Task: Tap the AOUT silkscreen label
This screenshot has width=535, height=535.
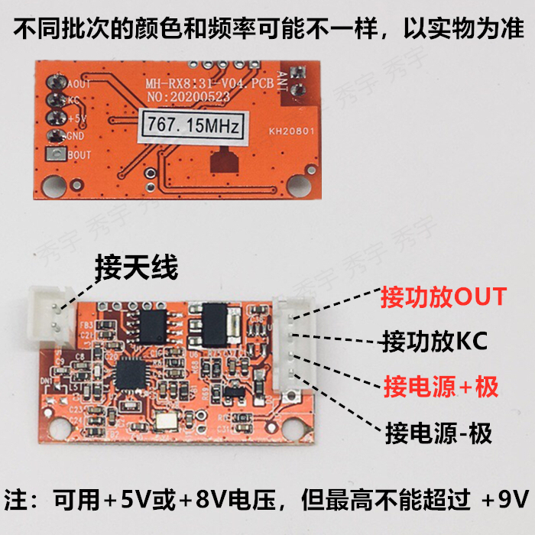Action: (x=79, y=84)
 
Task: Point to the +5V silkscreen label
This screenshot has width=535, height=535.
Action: (x=77, y=119)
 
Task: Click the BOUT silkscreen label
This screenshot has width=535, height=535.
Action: (x=79, y=155)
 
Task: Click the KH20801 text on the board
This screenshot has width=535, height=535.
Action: (x=291, y=131)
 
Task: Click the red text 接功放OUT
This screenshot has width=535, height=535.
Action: (x=443, y=296)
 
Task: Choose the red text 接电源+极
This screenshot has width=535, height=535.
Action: (x=441, y=387)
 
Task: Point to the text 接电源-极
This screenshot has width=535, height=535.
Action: (x=439, y=433)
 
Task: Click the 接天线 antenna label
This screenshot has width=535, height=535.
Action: (x=136, y=268)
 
